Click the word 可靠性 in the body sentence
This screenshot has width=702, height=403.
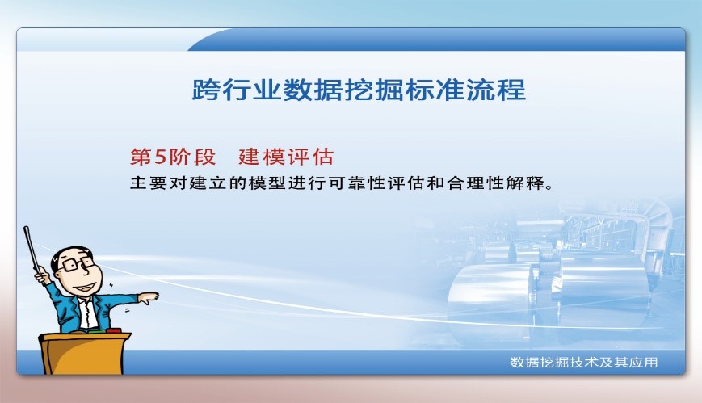(350, 183)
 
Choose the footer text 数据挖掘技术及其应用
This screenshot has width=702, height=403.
(583, 363)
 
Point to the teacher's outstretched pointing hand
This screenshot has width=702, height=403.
(148, 297)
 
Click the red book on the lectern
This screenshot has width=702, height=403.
(113, 330)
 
